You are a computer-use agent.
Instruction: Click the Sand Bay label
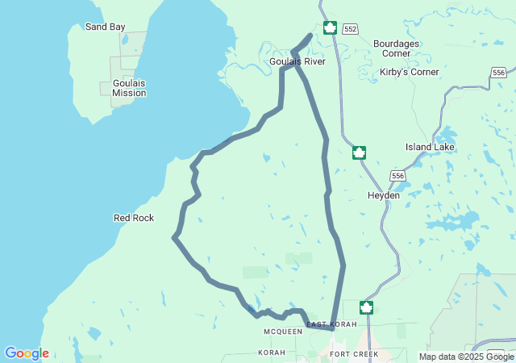[106, 27]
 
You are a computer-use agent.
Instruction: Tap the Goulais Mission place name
[129, 87]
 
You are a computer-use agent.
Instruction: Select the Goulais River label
[298, 60]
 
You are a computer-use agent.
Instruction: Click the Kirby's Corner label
[410, 72]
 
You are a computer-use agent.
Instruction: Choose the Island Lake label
[430, 147]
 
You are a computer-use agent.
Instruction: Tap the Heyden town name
[384, 195]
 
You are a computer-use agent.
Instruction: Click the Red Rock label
[134, 218]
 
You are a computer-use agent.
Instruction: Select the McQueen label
[283, 332]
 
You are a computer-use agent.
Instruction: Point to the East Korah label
[331, 323]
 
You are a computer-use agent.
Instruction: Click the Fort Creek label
[354, 354]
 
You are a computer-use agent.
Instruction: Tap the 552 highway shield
[349, 29]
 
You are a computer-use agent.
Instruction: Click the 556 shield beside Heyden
[397, 176]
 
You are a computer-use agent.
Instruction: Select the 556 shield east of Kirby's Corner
[498, 73]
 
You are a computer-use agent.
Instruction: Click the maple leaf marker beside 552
[329, 28]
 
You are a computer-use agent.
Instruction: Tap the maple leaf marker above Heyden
[359, 152]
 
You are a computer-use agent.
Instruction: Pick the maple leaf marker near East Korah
[366, 307]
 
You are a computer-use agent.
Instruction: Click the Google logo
[27, 353]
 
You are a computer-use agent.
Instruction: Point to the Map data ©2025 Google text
[466, 357]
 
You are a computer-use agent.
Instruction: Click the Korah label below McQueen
[272, 353]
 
